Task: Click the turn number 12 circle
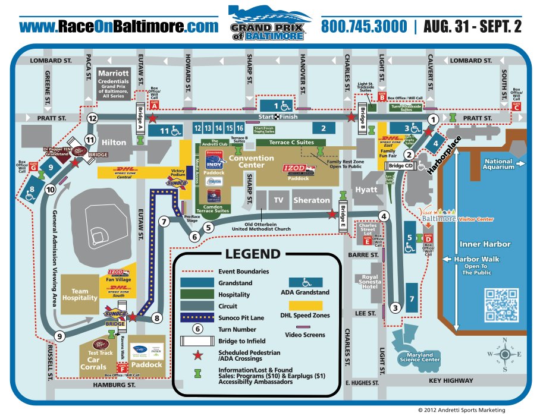[x=92, y=118]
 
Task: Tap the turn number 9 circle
[x=59, y=336]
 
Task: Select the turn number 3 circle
[x=396, y=308]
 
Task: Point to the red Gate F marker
[x=123, y=368]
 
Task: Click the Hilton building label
[x=114, y=143]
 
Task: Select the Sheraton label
[x=311, y=200]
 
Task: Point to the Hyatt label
[x=366, y=190]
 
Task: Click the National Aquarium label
[x=499, y=164]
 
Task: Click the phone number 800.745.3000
[x=364, y=27]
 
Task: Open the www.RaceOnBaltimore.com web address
[x=119, y=27]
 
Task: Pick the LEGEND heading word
[x=252, y=254]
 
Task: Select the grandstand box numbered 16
[x=240, y=128]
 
